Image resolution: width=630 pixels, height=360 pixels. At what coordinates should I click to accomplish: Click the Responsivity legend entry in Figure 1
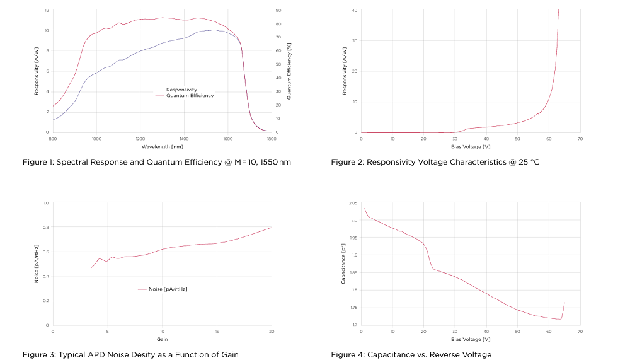[181, 90]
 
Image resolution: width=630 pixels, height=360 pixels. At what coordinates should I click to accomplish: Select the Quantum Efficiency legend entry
[190, 96]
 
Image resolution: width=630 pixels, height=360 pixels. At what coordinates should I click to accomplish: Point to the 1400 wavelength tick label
[184, 138]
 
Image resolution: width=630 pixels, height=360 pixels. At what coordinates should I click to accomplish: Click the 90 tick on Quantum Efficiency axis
[279, 11]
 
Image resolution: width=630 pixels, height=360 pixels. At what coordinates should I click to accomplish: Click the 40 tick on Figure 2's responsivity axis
[353, 10]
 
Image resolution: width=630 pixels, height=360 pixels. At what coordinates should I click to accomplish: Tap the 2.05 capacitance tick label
[353, 203]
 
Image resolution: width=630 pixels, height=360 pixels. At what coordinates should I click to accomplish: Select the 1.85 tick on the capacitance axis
[353, 273]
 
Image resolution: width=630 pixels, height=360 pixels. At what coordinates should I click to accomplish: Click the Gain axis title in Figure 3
[162, 339]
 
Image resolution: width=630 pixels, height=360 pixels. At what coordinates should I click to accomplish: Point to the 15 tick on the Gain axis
[217, 331]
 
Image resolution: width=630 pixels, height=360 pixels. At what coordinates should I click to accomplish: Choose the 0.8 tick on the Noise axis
[45, 228]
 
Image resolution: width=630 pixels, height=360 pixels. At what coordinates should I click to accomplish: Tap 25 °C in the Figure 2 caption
[528, 162]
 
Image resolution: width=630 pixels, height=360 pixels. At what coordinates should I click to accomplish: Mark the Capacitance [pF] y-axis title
[343, 264]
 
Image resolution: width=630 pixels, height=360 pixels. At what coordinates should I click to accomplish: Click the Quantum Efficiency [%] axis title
[289, 71]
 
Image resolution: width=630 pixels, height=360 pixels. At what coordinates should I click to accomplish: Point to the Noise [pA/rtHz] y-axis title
[36, 264]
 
